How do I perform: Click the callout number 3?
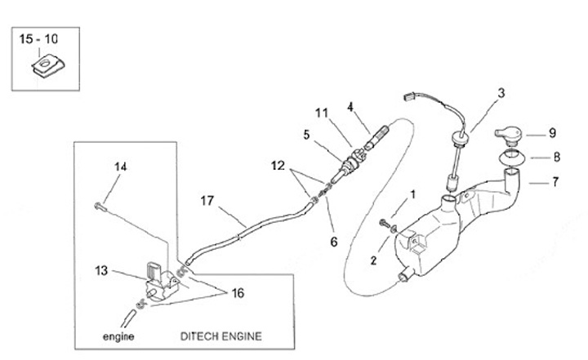(x=501, y=93)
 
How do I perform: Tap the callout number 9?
(x=552, y=133)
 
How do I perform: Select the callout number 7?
(x=555, y=182)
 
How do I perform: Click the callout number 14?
(x=120, y=167)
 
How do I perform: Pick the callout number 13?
(x=101, y=269)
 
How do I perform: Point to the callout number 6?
(x=332, y=242)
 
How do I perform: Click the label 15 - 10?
(x=39, y=39)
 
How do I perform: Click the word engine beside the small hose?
(x=118, y=336)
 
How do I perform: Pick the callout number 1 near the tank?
(x=413, y=194)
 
